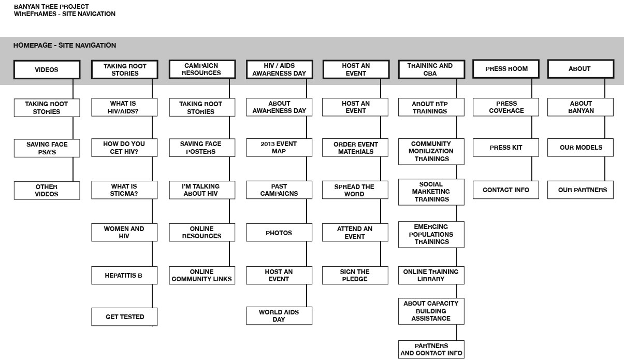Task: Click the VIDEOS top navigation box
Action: point(47,69)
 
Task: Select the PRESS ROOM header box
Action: point(506,68)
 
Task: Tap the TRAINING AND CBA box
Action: point(431,69)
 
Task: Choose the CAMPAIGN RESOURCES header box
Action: point(202,69)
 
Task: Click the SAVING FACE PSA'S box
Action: point(47,148)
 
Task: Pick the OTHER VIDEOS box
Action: point(47,191)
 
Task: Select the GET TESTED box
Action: point(124,317)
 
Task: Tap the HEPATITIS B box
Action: point(124,275)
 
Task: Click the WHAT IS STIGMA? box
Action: point(124,190)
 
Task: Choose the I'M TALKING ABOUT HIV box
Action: point(202,190)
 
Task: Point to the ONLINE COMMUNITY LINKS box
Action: point(202,275)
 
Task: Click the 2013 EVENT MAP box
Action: point(279,148)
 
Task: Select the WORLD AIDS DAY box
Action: point(279,315)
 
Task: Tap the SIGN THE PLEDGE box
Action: point(355,275)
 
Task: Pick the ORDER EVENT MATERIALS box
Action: point(355,148)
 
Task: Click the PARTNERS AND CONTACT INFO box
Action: point(431,350)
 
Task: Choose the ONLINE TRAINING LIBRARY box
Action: point(431,275)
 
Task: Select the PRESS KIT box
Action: point(506,148)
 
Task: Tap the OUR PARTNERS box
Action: point(581,190)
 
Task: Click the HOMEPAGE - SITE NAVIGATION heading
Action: point(65,46)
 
